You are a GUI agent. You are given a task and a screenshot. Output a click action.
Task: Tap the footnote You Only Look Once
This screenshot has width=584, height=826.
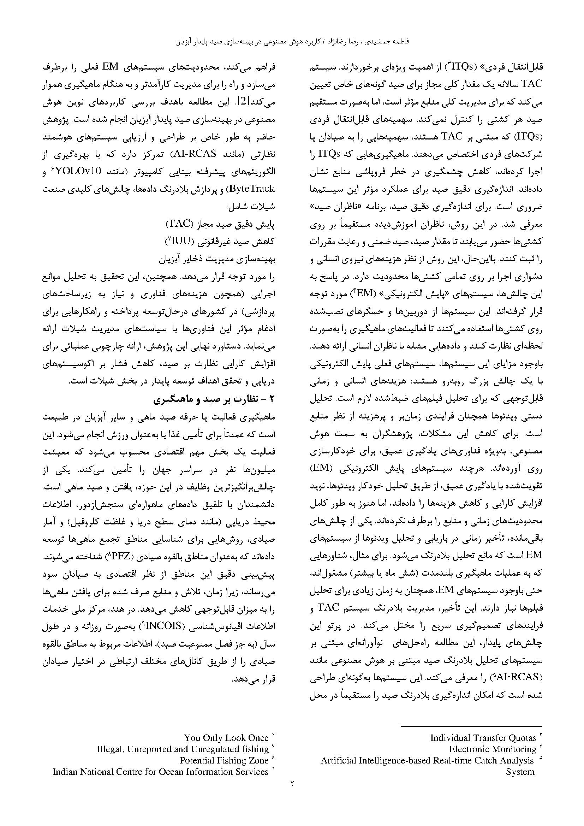pyautogui.click(x=226, y=738)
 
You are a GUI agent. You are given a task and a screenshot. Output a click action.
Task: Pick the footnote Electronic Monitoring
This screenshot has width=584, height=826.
pyautogui.click(x=493, y=749)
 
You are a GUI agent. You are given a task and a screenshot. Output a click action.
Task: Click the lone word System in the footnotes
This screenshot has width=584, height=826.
pyautogui.click(x=520, y=772)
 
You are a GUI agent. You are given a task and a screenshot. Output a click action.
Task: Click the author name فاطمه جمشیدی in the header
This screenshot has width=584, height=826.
pyautogui.click(x=389, y=42)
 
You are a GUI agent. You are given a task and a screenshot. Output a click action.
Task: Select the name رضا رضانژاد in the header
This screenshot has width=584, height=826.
pyautogui.click(x=344, y=42)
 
